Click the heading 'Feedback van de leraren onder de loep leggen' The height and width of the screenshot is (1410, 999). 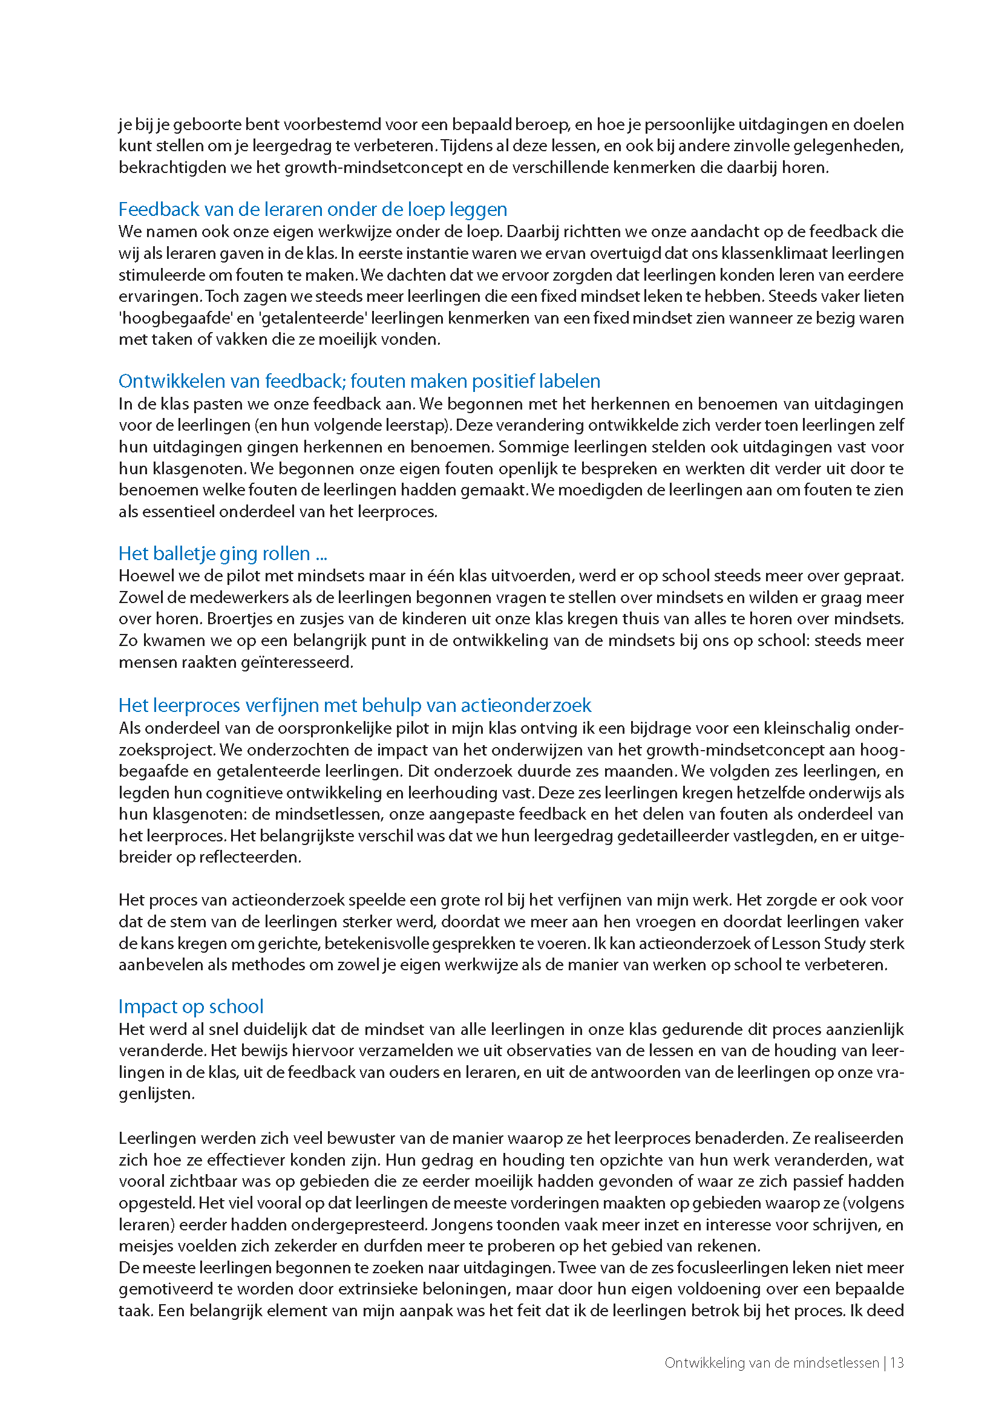tap(312, 210)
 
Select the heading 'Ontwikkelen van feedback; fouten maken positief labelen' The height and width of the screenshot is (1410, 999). tap(359, 381)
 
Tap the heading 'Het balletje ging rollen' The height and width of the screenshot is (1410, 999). tap(222, 553)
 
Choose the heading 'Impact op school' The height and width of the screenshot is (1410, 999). tap(191, 1006)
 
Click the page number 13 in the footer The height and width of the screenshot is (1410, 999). tap(897, 1363)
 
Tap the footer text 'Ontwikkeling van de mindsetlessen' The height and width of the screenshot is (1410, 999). tap(771, 1363)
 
